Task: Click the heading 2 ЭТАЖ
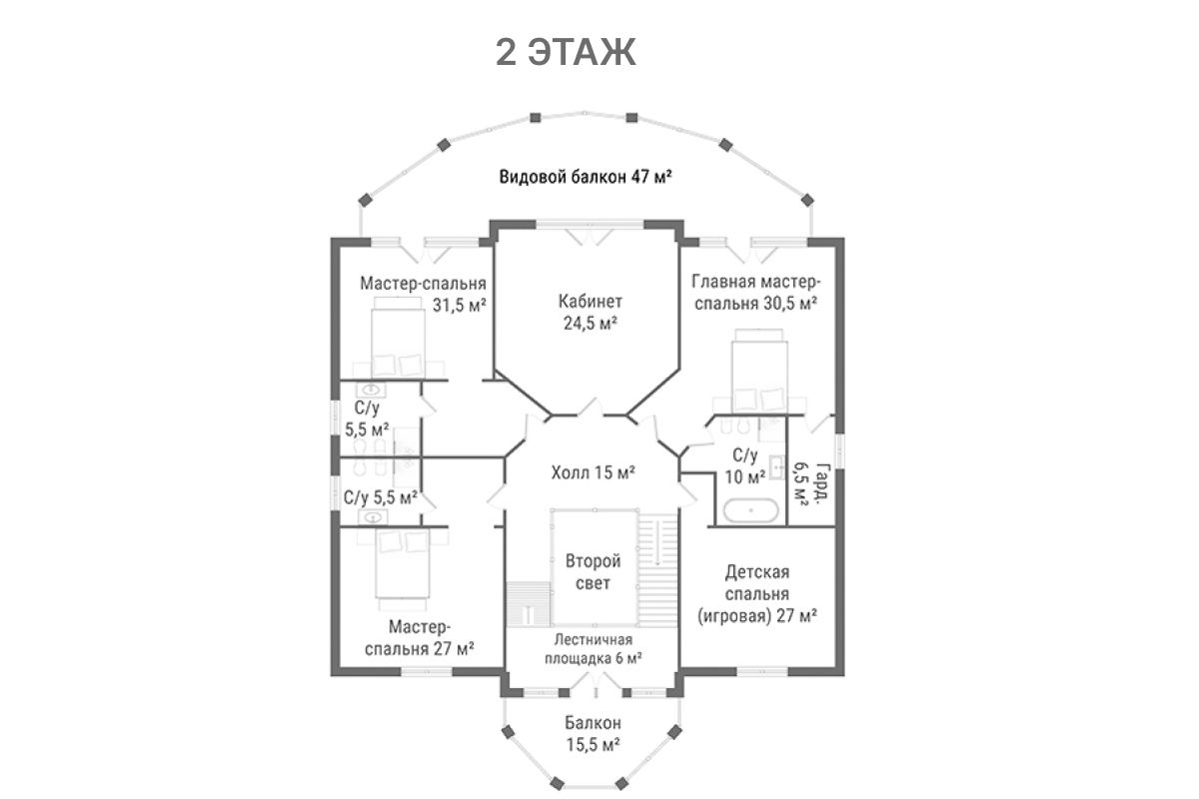tap(566, 53)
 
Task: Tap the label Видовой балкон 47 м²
tap(585, 179)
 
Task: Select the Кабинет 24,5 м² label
tap(590, 311)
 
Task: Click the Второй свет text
tap(594, 571)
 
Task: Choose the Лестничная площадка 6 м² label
tap(593, 648)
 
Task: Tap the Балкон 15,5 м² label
tap(593, 733)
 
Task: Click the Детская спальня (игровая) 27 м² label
tap(757, 594)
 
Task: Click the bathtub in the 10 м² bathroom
tap(751, 511)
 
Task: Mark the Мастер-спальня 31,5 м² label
tap(424, 294)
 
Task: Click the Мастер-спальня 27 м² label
tap(419, 637)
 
